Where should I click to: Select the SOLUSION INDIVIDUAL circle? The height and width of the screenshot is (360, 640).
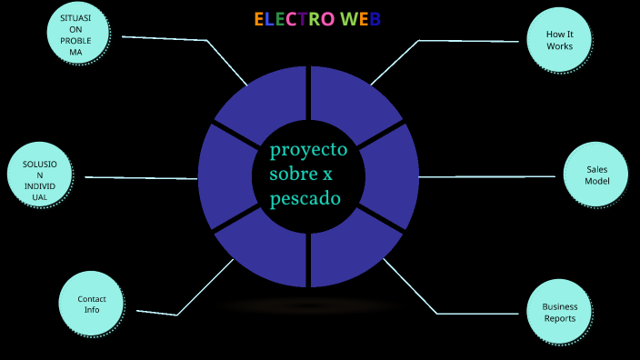(x=39, y=175)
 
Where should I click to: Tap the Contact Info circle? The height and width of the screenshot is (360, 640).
(x=92, y=305)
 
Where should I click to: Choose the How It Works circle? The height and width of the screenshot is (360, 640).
(x=560, y=40)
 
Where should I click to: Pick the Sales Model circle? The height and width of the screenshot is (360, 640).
(x=596, y=175)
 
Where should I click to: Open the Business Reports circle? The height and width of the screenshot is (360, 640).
(x=560, y=312)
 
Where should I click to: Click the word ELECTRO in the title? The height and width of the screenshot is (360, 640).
(x=295, y=19)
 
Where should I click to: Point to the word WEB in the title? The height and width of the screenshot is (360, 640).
(x=360, y=19)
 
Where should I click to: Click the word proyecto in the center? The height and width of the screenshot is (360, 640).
(x=308, y=149)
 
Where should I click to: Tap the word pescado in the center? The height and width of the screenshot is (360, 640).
(x=305, y=197)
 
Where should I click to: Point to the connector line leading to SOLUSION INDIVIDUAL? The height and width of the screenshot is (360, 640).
(x=141, y=177)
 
